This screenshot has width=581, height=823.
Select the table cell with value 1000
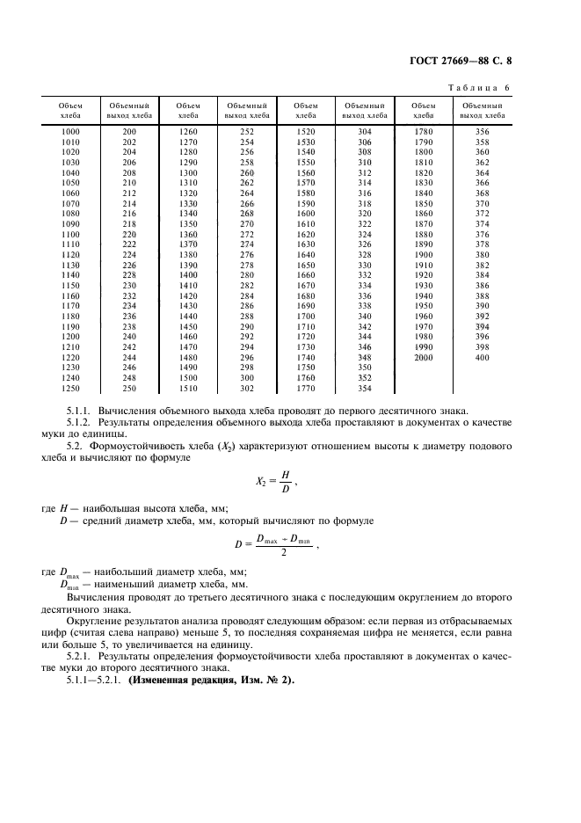(x=69, y=131)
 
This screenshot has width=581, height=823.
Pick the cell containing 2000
(x=424, y=358)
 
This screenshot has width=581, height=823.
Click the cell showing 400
(x=483, y=358)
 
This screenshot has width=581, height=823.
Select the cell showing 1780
(x=424, y=131)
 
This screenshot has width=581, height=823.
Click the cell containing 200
(x=129, y=131)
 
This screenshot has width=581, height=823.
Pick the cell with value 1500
(x=188, y=376)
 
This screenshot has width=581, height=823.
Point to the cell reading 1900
(x=424, y=254)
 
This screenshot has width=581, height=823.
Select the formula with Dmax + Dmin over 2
(x=274, y=544)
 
